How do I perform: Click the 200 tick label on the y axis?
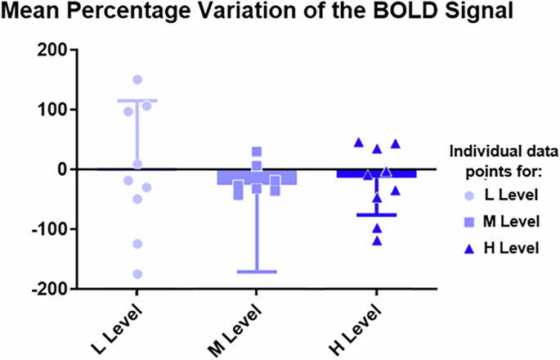pyautogui.click(x=52, y=50)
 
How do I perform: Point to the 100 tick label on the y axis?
pyautogui.click(x=52, y=110)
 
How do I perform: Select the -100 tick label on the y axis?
pyautogui.click(x=49, y=229)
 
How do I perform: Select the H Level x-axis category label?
pyautogui.click(x=356, y=328)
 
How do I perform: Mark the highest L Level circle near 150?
pyautogui.click(x=137, y=79)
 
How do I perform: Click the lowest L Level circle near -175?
pyautogui.click(x=137, y=274)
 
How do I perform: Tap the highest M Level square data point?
pyautogui.click(x=257, y=151)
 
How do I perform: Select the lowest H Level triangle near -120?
pyautogui.click(x=377, y=241)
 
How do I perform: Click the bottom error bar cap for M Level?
pyautogui.click(x=257, y=271)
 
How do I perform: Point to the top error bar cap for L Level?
pyautogui.click(x=137, y=101)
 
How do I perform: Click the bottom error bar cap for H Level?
pyautogui.click(x=377, y=214)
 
